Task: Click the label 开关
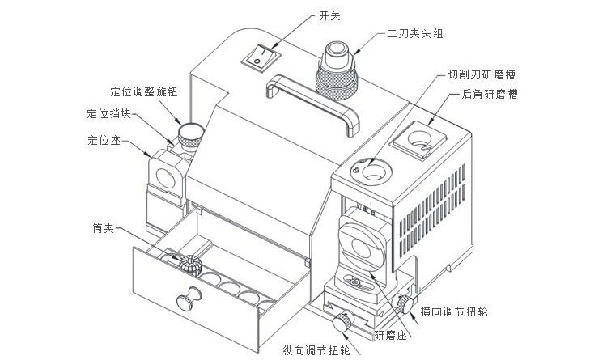tap(330, 16)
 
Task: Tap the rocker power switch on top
tap(261, 57)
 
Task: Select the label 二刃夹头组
tap(415, 34)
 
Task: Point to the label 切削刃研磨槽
tap(482, 74)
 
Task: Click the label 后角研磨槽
tap(490, 94)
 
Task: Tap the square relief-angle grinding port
tap(420, 140)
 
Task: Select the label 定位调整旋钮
tap(144, 91)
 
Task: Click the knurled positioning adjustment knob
tap(191, 135)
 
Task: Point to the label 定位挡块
tap(108, 113)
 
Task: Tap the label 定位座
tap(104, 140)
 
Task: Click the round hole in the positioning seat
tap(166, 179)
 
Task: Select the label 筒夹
tap(103, 228)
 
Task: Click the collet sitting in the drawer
tap(190, 265)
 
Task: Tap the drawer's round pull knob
tap(189, 299)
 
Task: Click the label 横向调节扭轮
tap(454, 311)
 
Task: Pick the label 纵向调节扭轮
tap(316, 351)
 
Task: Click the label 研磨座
tap(391, 335)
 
